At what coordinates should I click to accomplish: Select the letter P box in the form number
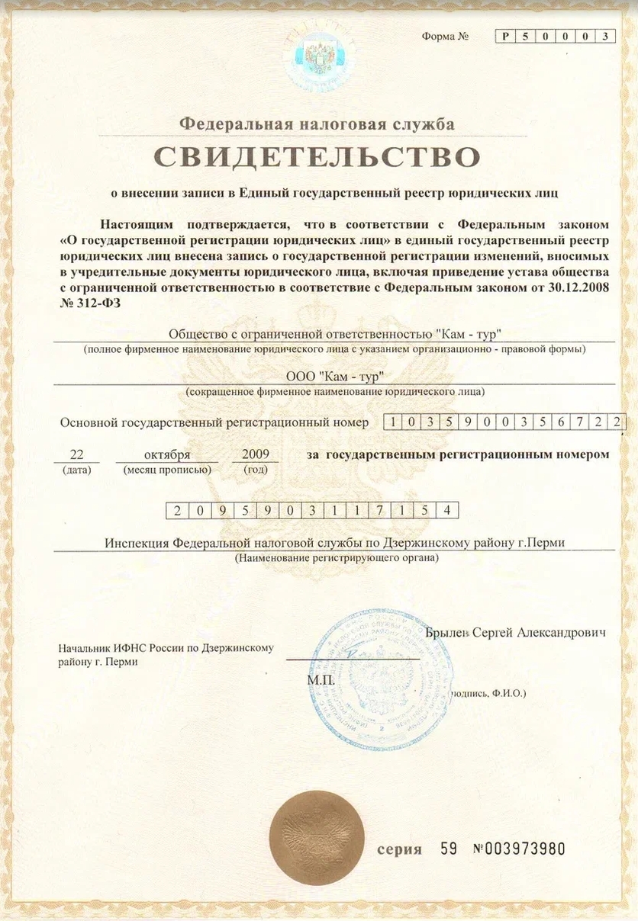[504, 37]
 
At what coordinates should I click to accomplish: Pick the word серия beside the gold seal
[399, 849]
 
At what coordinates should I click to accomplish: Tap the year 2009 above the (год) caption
[255, 454]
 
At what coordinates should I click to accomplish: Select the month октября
[167, 455]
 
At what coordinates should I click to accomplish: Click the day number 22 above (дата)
[76, 454]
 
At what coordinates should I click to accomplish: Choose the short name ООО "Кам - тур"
[333, 377]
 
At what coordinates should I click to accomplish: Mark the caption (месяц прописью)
[166, 470]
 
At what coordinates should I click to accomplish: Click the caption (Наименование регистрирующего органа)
[337, 558]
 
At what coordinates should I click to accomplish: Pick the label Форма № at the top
[444, 37]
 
